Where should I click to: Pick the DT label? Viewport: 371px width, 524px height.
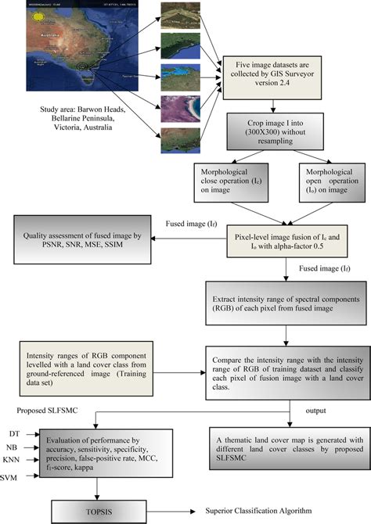click(x=14, y=432)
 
